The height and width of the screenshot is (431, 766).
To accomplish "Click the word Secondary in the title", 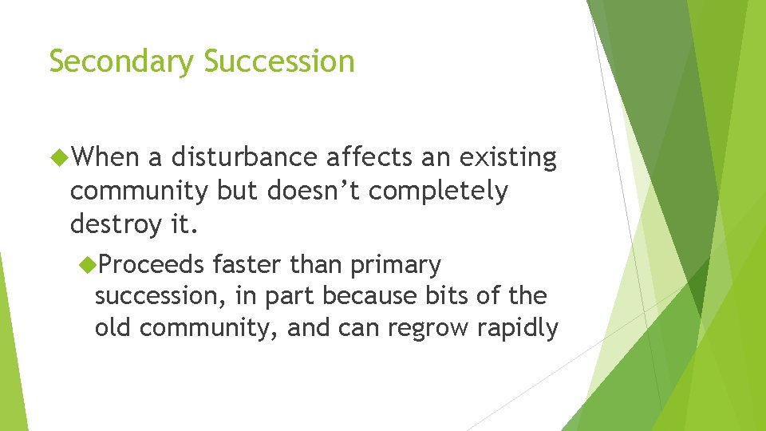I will pos(121,61).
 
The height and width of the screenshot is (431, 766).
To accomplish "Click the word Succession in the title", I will pos(278,61).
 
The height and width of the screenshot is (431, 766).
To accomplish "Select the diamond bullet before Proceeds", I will pos(89,264).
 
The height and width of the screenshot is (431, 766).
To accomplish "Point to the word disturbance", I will pos(243,158).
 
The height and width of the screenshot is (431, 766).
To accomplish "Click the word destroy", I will pos(116,225).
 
